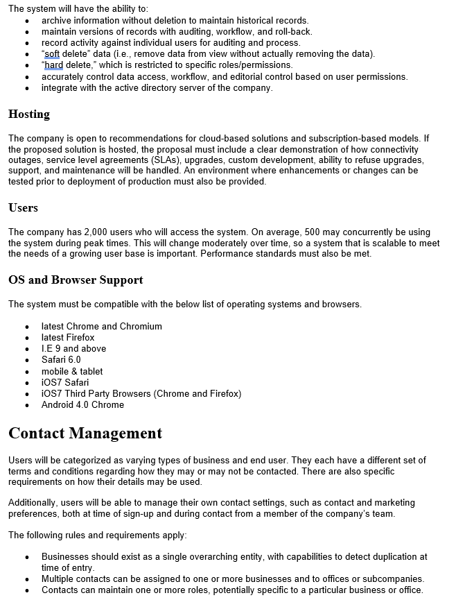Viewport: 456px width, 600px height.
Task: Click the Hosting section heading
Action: click(x=29, y=114)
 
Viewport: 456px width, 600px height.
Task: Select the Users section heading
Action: click(x=23, y=207)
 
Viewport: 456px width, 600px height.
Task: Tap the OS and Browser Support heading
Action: click(x=76, y=280)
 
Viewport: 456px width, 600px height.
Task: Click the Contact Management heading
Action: click(x=85, y=434)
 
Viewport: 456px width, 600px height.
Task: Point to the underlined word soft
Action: click(x=53, y=54)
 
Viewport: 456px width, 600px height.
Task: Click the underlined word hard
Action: click(x=54, y=65)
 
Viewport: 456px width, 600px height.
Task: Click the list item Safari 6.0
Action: click(x=61, y=360)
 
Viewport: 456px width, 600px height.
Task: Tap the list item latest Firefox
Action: click(x=68, y=338)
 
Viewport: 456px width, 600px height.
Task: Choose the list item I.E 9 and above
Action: click(x=73, y=349)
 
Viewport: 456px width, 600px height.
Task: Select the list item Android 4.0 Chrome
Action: click(x=82, y=405)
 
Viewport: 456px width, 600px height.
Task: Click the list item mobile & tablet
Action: click(x=72, y=371)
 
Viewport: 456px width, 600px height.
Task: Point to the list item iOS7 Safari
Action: click(x=65, y=382)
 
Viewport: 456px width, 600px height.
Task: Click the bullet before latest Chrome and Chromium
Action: click(x=27, y=327)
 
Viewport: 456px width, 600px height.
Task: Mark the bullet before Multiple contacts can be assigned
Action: click(x=27, y=579)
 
